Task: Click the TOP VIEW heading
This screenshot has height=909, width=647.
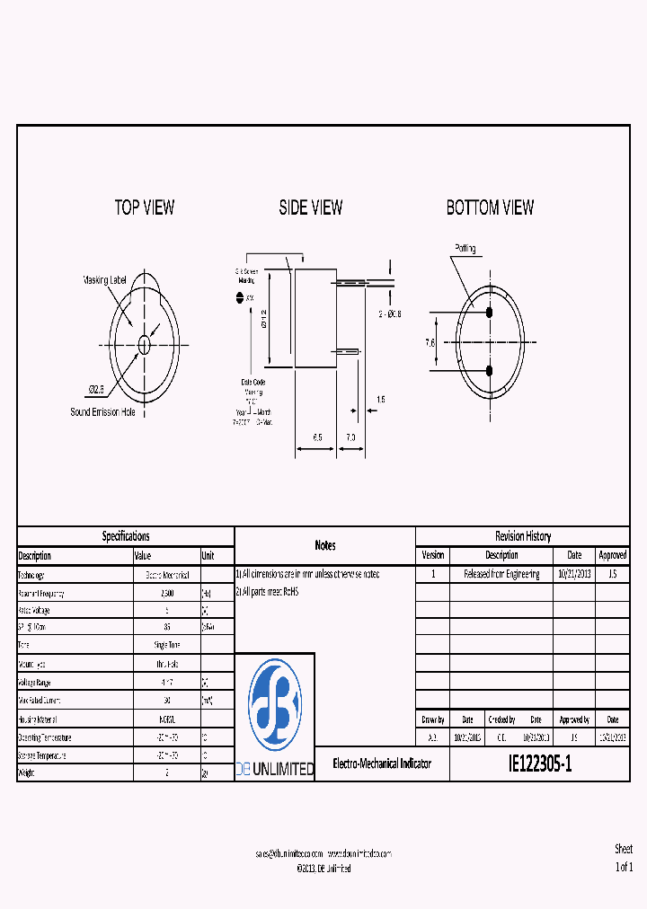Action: (144, 207)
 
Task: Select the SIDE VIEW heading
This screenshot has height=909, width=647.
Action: (310, 207)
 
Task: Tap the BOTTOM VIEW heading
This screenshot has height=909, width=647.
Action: (490, 207)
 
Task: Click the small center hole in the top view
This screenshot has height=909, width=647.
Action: (145, 343)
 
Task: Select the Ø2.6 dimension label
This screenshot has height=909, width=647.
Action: (95, 389)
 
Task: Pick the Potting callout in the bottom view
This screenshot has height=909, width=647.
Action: (465, 249)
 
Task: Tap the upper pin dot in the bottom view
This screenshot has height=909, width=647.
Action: (490, 313)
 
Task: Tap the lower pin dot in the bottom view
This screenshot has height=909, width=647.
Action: (490, 370)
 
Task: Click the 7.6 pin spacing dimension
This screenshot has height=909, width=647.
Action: (430, 342)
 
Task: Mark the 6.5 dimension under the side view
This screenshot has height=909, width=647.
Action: (318, 437)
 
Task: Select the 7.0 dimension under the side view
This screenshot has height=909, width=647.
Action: (350, 437)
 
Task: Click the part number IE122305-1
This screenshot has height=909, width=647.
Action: (539, 764)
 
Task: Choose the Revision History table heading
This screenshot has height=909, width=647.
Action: (523, 536)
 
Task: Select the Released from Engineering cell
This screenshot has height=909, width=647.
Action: (501, 574)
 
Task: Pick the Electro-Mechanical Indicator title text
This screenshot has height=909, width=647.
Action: (382, 764)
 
